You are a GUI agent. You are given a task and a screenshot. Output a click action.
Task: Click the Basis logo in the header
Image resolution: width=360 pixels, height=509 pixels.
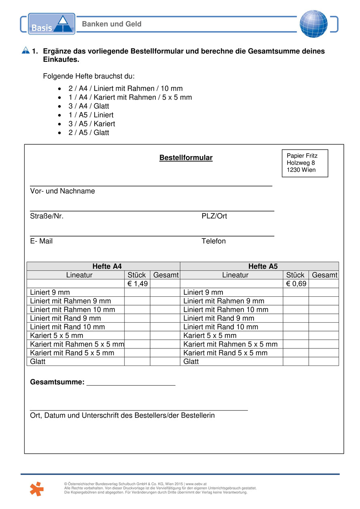pyautogui.click(x=51, y=24)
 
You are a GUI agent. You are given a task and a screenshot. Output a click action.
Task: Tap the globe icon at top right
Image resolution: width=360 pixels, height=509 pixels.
pyautogui.click(x=313, y=24)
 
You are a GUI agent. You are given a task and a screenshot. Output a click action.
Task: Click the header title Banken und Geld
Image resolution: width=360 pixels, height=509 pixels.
pyautogui.click(x=112, y=24)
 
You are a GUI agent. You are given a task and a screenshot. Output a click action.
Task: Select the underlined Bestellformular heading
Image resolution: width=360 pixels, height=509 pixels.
pyautogui.click(x=186, y=158)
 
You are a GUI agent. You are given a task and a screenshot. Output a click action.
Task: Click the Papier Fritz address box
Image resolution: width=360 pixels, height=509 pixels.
pyautogui.click(x=305, y=163)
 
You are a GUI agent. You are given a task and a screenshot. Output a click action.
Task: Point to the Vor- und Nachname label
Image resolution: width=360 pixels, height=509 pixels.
pyautogui.click(x=62, y=191)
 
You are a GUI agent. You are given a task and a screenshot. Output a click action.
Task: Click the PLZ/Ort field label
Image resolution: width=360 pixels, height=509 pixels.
pyautogui.click(x=214, y=216)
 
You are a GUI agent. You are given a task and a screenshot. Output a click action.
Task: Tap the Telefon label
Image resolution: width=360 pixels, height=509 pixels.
pyautogui.click(x=214, y=241)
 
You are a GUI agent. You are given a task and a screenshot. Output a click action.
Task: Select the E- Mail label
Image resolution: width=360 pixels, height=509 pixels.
pyautogui.click(x=41, y=241)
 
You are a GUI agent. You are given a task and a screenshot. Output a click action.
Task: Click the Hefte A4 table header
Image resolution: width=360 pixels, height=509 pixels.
pyautogui.click(x=107, y=266)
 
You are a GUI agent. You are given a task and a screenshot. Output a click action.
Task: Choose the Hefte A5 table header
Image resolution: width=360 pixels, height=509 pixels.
pyautogui.click(x=263, y=266)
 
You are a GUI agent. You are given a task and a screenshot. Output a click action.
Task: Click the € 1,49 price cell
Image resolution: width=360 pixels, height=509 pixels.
pyautogui.click(x=137, y=284)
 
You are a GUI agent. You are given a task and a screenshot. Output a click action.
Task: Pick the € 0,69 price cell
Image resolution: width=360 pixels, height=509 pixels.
pyautogui.click(x=296, y=284)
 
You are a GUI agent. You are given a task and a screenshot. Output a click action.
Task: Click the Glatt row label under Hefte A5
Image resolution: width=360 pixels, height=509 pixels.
pyautogui.click(x=191, y=361)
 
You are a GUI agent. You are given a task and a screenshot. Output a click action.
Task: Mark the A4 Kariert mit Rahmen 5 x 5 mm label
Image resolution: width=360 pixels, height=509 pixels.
pyautogui.click(x=77, y=344)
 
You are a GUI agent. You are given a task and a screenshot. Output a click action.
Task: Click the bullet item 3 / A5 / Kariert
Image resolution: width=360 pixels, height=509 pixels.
pyautogui.click(x=91, y=124)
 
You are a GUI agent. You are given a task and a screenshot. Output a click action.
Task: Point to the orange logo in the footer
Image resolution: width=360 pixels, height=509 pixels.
pyautogui.click(x=36, y=489)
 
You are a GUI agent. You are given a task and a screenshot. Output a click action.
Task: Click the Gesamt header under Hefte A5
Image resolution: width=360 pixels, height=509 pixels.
pyautogui.click(x=324, y=275)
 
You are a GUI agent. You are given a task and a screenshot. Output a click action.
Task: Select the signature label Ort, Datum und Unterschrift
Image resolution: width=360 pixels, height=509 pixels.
pyautogui.click(x=122, y=416)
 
